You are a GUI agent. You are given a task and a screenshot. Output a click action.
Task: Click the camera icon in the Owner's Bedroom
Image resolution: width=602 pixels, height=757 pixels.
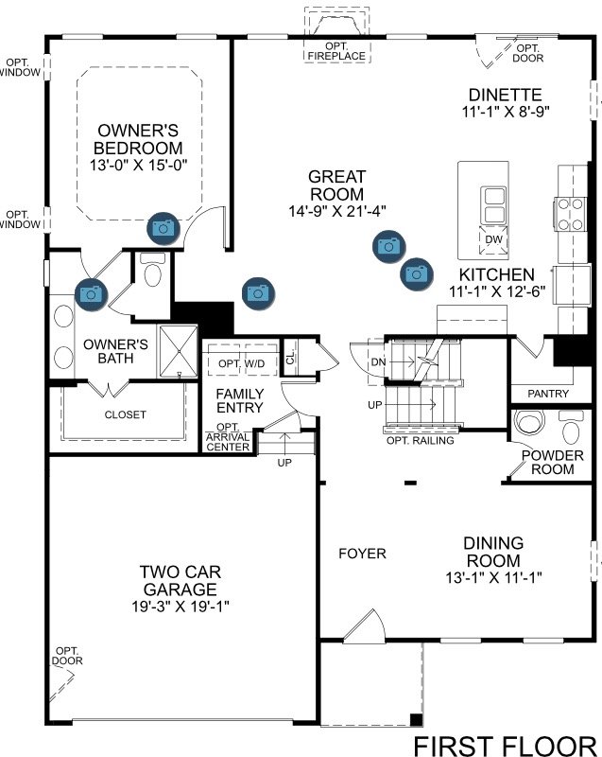pyautogui.click(x=163, y=228)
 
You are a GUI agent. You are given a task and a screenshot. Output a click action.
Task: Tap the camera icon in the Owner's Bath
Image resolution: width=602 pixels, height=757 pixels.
pyautogui.click(x=91, y=294)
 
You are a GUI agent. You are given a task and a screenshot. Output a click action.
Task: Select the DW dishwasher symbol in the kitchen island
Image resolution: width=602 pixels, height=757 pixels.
pyautogui.click(x=493, y=239)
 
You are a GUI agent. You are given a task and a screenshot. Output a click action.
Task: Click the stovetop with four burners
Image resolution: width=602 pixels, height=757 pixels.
pyautogui.click(x=570, y=214)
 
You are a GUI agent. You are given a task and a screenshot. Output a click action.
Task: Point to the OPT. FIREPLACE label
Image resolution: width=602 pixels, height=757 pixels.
pyautogui.click(x=336, y=51)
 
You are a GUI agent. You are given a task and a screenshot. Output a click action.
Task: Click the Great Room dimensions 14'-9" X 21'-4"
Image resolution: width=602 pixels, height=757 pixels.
pyautogui.click(x=336, y=211)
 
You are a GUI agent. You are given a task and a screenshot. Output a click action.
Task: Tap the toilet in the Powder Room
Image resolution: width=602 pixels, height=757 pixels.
pyautogui.click(x=572, y=427)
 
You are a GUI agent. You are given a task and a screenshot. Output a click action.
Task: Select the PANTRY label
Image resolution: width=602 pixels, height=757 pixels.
pyautogui.click(x=548, y=394)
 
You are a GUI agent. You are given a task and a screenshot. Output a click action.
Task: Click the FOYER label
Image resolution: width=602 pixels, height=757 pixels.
pyautogui.click(x=363, y=554)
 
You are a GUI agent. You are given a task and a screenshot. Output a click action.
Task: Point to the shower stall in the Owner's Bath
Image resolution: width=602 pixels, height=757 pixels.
pyautogui.click(x=179, y=351)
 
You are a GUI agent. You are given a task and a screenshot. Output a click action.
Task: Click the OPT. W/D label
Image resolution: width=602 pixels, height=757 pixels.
pyautogui.click(x=242, y=363)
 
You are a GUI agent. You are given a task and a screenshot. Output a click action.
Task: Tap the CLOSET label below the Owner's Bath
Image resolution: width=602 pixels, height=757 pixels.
pyautogui.click(x=126, y=414)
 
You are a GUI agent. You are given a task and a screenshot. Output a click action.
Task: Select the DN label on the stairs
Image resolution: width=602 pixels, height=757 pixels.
pyautogui.click(x=378, y=361)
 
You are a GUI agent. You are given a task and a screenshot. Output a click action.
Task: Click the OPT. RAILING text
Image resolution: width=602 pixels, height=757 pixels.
pyautogui.click(x=421, y=440)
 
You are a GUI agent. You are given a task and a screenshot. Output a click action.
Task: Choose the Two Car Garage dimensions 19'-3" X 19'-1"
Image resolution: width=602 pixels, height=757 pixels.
pyautogui.click(x=181, y=607)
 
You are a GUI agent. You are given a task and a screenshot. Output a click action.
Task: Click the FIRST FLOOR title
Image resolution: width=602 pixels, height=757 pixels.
pyautogui.click(x=505, y=746)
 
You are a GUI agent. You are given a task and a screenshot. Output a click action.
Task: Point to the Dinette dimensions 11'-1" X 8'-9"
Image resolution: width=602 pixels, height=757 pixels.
pyautogui.click(x=506, y=112)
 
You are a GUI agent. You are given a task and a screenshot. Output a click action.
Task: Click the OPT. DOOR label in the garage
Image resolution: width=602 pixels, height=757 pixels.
pyautogui.click(x=67, y=656)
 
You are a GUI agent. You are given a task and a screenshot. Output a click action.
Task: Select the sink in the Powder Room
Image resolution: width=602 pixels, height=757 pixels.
pyautogui.click(x=529, y=422)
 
